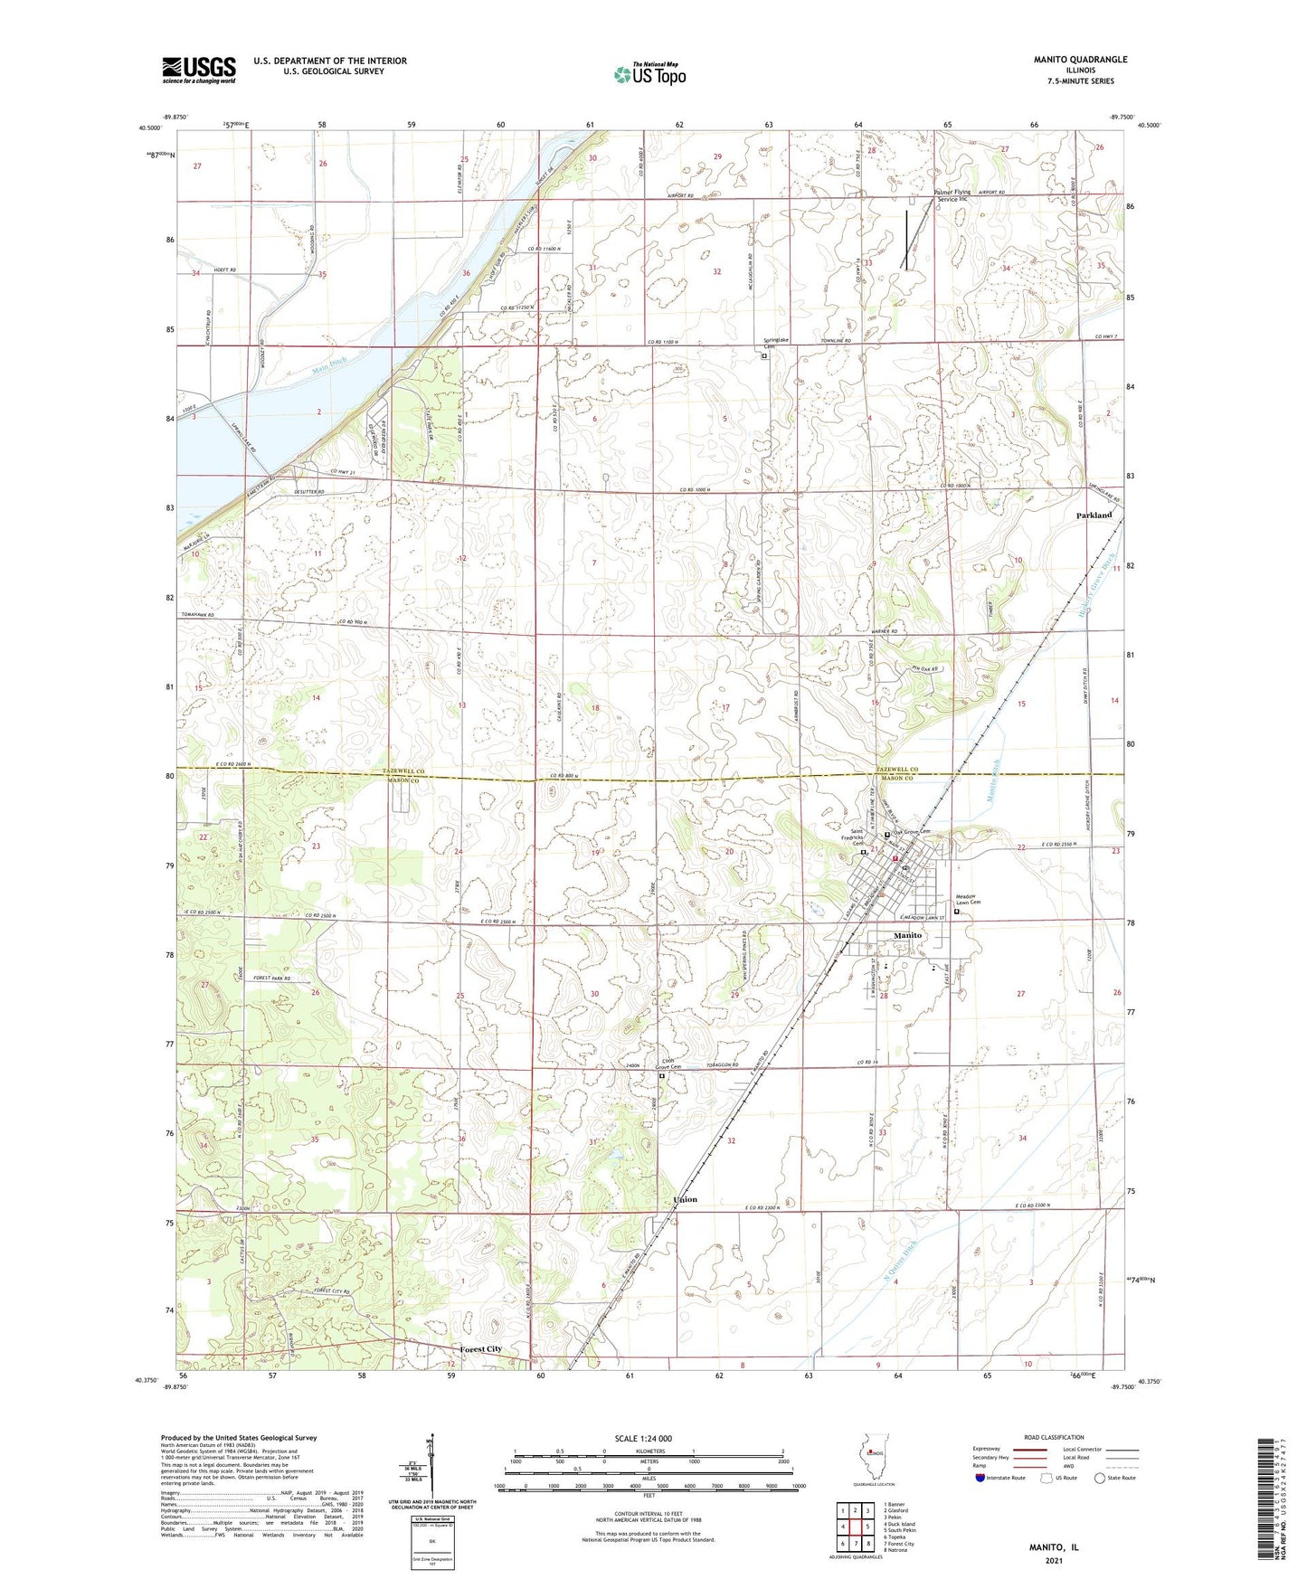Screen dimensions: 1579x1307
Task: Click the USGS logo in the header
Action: [198, 70]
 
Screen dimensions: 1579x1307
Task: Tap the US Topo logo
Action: [649, 75]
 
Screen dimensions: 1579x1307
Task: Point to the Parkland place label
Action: [1094, 515]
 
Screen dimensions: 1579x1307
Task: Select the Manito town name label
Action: [907, 935]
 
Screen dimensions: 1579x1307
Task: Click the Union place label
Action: [685, 1199]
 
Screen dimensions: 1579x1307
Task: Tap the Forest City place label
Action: [480, 1348]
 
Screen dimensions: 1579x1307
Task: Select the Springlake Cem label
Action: [769, 345]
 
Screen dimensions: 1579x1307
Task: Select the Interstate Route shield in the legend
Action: [981, 1478]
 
